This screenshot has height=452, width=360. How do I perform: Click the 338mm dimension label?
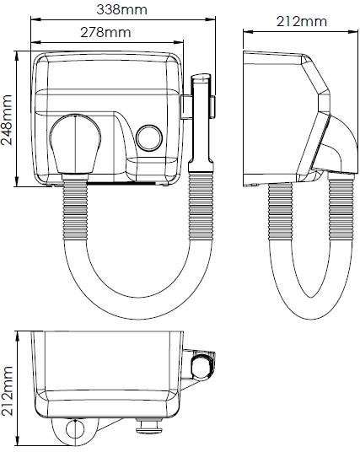click(x=122, y=9)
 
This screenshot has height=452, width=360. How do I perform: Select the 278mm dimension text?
click(x=105, y=32)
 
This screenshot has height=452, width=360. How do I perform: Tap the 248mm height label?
click(x=7, y=120)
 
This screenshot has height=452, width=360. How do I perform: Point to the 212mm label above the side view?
click(x=302, y=21)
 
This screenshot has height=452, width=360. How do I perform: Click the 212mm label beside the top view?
click(x=7, y=391)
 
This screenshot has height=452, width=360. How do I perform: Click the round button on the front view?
click(x=149, y=137)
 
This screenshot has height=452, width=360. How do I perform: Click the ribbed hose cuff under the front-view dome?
click(x=75, y=210)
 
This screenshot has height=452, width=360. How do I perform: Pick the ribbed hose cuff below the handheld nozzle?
click(x=201, y=206)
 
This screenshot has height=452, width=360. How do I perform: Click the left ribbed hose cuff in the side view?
click(x=280, y=212)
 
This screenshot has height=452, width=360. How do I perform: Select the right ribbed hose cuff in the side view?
click(x=341, y=210)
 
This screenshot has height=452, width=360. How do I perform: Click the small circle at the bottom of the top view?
click(x=75, y=429)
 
